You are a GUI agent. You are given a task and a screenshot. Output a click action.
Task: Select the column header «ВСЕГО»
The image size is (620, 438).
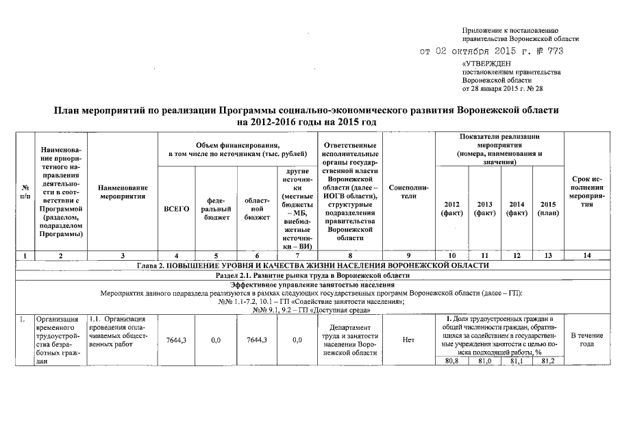pos(177,208)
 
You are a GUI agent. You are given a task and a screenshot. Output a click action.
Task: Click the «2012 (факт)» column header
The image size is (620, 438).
pos(452,208)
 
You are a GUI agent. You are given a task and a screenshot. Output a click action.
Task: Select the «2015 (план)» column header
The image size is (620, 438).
pos(547,208)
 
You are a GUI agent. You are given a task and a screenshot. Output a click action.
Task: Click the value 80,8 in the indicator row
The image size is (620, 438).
pos(452,361)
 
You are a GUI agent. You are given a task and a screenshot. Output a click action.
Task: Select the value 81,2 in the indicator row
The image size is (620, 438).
pos(547,361)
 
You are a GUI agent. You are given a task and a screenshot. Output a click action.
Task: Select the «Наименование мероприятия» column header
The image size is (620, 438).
pos(123,191)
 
